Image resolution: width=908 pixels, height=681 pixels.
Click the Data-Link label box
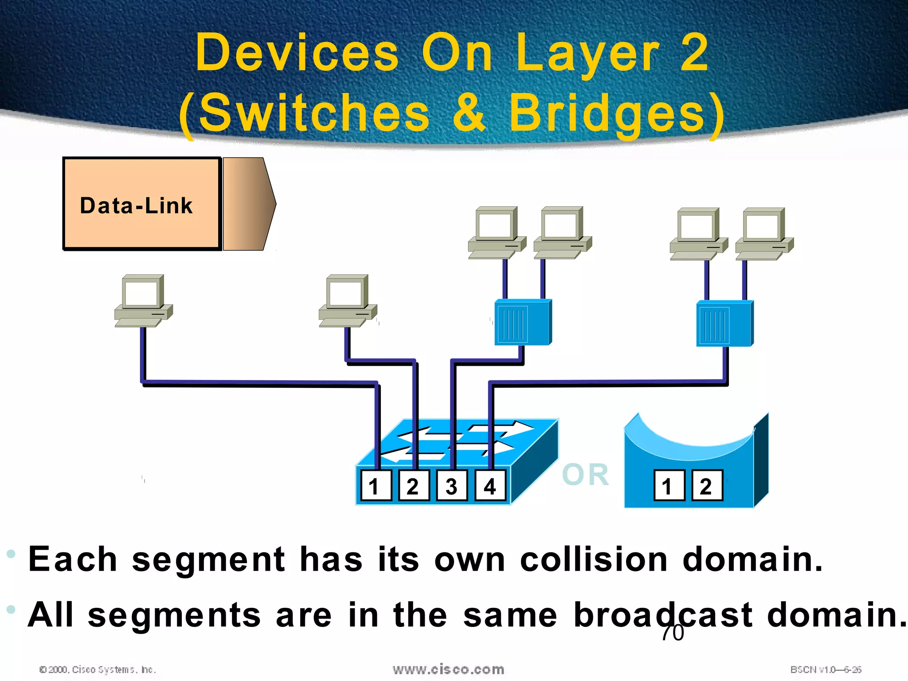[142, 204]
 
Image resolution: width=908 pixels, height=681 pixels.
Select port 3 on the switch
[452, 486]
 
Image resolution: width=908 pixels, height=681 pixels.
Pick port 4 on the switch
[490, 486]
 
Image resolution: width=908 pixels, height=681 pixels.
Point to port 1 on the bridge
[669, 486]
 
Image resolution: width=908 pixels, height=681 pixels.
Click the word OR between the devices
[585, 475]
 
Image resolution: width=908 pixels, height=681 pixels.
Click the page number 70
[673, 633]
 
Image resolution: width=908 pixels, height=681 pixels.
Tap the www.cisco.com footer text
[448, 669]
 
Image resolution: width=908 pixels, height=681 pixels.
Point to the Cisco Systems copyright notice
[98, 669]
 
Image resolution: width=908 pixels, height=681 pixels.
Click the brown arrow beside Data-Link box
[248, 204]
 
